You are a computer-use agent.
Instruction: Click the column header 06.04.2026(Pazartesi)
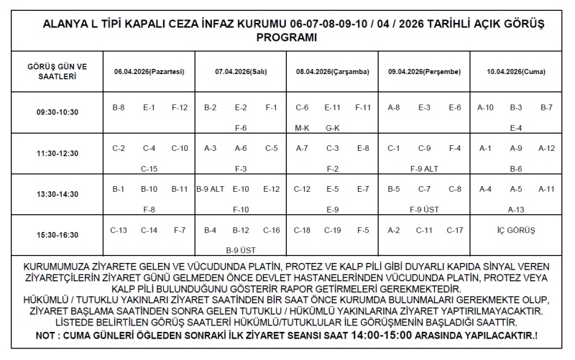click(x=149, y=72)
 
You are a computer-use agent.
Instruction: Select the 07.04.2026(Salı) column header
click(x=241, y=72)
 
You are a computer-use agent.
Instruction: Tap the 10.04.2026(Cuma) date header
click(x=515, y=72)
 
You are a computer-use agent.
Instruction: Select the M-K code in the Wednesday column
click(x=302, y=128)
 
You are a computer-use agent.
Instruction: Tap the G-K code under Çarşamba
click(x=332, y=128)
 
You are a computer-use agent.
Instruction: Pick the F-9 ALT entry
click(x=424, y=169)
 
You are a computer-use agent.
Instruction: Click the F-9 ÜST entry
click(x=424, y=210)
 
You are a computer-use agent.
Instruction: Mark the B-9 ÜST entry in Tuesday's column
click(x=241, y=250)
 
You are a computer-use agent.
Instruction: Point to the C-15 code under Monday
click(x=149, y=169)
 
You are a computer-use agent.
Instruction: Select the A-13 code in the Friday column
click(x=515, y=210)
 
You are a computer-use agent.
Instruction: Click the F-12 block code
click(x=180, y=108)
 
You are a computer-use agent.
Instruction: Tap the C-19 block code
click(x=332, y=231)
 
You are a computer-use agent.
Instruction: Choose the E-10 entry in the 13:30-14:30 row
click(x=241, y=190)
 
